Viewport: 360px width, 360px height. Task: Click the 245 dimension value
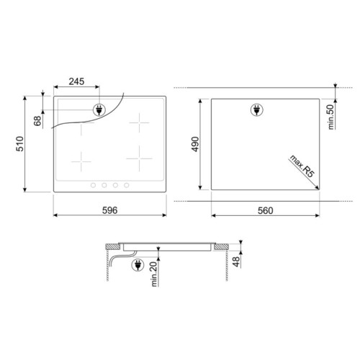pos(76,81)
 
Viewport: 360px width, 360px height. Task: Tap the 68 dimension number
pos(37,121)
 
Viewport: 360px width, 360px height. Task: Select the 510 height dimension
pos(20,144)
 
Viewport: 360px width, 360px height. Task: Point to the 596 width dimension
pos(110,210)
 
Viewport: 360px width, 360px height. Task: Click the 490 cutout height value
pos(195,144)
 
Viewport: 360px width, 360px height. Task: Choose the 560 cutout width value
pos(266,210)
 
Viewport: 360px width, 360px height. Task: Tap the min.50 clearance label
pos(331,117)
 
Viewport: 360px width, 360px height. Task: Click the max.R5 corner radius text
pos(302,166)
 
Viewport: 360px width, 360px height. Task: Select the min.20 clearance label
pos(154,274)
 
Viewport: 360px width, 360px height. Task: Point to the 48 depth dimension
pos(236,261)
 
